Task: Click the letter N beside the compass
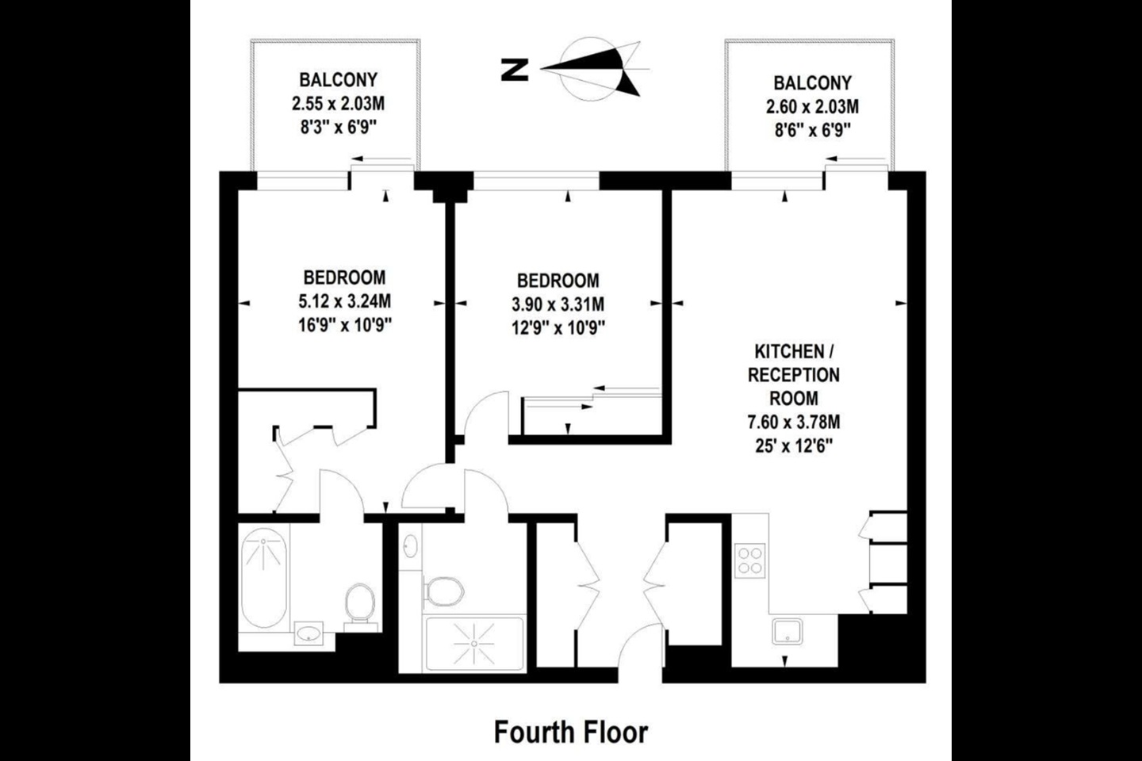[515, 70]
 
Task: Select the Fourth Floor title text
[570, 732]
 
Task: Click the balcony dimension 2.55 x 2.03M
[338, 104]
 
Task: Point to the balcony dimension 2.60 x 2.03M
[812, 106]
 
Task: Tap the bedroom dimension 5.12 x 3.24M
[344, 301]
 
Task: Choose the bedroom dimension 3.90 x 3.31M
[558, 304]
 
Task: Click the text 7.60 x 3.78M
[794, 422]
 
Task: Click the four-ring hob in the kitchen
[750, 560]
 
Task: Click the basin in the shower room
[411, 546]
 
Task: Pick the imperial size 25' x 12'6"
[794, 446]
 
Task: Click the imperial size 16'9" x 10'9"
[344, 325]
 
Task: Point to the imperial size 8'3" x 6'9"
[338, 127]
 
